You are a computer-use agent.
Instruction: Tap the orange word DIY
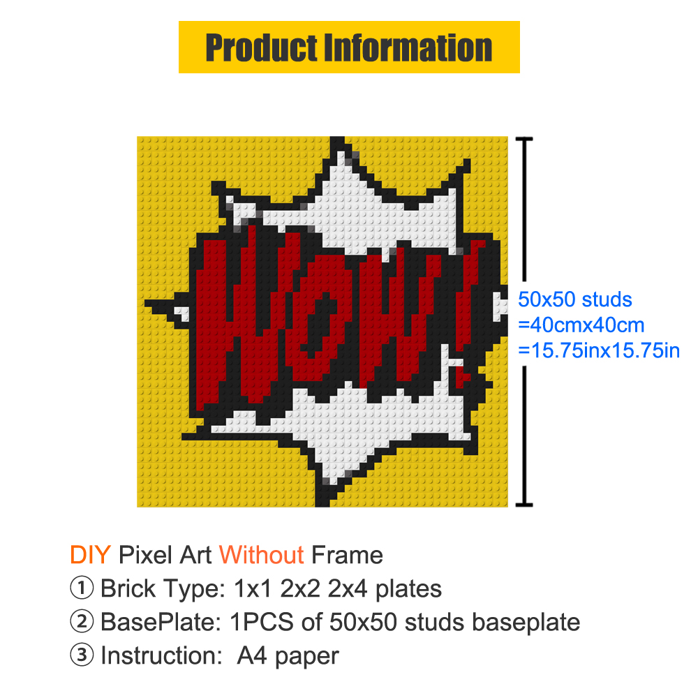(90, 555)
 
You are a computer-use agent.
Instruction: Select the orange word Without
(261, 555)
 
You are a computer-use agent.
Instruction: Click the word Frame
(347, 555)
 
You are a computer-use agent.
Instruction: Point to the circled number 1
(82, 588)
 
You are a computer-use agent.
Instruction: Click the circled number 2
(82, 621)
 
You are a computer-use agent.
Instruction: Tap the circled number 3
(82, 655)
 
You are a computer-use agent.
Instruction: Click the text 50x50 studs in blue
(575, 299)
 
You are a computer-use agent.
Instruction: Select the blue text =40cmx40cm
(581, 325)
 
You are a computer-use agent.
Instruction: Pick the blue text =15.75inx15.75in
(599, 350)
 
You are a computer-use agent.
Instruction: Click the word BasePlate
(161, 622)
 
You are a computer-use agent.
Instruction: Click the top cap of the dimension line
(524, 140)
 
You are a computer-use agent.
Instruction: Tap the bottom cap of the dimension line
(524, 505)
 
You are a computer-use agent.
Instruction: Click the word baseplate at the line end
(526, 623)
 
